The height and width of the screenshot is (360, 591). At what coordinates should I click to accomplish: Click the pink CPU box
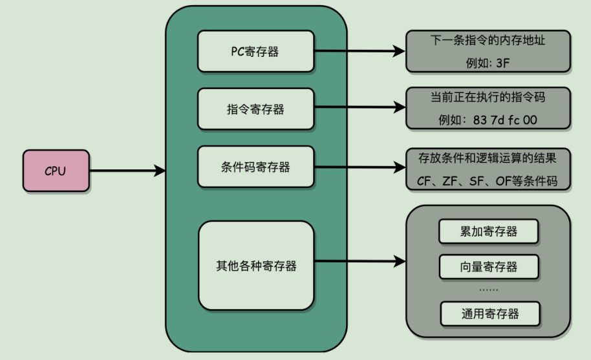point(55,171)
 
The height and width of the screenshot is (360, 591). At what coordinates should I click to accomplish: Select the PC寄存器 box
point(255,52)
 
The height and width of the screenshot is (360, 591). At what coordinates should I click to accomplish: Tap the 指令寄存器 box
point(255,109)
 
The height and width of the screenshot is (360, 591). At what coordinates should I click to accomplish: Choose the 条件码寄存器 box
point(255,167)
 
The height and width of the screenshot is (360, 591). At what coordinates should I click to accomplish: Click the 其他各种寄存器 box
point(255,265)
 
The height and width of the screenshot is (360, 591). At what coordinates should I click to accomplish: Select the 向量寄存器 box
point(489,266)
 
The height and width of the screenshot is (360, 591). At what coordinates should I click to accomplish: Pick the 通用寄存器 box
point(489,314)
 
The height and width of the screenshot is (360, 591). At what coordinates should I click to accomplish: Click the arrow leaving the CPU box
point(126,171)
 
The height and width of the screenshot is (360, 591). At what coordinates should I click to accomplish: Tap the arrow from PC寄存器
point(360,50)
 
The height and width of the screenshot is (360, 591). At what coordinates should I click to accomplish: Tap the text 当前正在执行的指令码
point(488,99)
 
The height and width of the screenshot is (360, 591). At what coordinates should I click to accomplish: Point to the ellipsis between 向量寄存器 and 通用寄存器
point(489,290)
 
